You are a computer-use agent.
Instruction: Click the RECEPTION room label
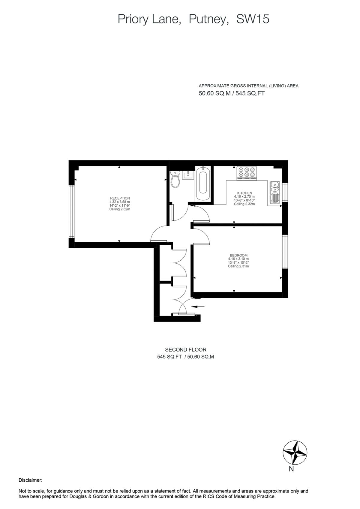coord(120,198)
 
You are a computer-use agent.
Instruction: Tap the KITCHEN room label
coord(244,193)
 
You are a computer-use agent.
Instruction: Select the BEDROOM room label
coord(238,255)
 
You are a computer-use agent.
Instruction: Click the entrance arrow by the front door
coord(198,307)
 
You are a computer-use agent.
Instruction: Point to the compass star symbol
coord(295,453)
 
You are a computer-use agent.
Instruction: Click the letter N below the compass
coord(291,469)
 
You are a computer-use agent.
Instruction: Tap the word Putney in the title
coord(207,19)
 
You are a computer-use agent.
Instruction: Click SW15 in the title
coord(253,19)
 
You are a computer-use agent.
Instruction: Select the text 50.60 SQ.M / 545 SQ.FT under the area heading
coord(232,93)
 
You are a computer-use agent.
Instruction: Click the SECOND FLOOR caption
coord(186,349)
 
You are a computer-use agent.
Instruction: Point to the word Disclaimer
coord(30,480)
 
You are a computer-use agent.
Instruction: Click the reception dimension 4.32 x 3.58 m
coord(120,202)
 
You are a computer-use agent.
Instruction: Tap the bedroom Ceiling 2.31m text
coord(238,266)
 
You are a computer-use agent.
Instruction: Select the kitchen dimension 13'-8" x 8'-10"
coord(244,200)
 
